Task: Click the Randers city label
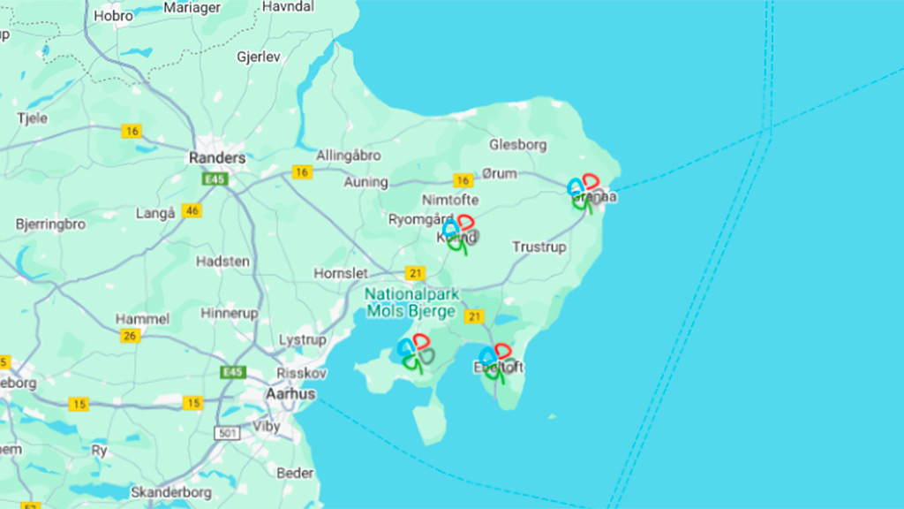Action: [x=217, y=158]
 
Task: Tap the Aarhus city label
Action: [x=290, y=394]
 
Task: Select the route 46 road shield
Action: [x=192, y=211]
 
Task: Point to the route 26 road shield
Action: [x=130, y=336]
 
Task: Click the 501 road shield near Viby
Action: [x=226, y=433]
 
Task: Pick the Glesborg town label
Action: [x=518, y=144]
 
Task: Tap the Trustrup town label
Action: [x=539, y=247]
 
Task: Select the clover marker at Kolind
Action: [x=460, y=232]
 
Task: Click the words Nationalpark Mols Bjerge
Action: [x=411, y=302]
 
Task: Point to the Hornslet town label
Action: [x=341, y=274]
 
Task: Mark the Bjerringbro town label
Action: [x=50, y=224]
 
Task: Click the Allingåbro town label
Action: [x=349, y=156]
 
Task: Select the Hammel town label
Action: [x=142, y=318]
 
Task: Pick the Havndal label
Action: [x=288, y=6]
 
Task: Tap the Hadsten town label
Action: [x=222, y=262]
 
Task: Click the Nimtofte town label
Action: [x=450, y=200]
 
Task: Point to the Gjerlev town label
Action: [x=259, y=57]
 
